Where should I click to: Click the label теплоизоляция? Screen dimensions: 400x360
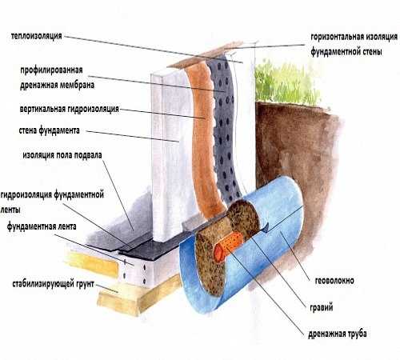37,36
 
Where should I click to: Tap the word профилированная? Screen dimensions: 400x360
51,70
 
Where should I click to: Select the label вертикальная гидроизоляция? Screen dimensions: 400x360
69,109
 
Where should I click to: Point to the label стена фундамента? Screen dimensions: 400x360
50,130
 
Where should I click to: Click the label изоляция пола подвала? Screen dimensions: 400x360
62,155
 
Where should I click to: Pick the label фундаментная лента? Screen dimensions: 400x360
42,226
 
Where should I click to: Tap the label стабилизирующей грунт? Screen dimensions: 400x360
53,284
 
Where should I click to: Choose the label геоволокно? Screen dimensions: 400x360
334,281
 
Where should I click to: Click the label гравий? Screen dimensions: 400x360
322,307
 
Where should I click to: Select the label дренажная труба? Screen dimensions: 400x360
338,334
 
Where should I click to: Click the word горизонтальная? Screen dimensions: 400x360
336,37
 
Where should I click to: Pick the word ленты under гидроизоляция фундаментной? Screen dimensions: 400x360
10,210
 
